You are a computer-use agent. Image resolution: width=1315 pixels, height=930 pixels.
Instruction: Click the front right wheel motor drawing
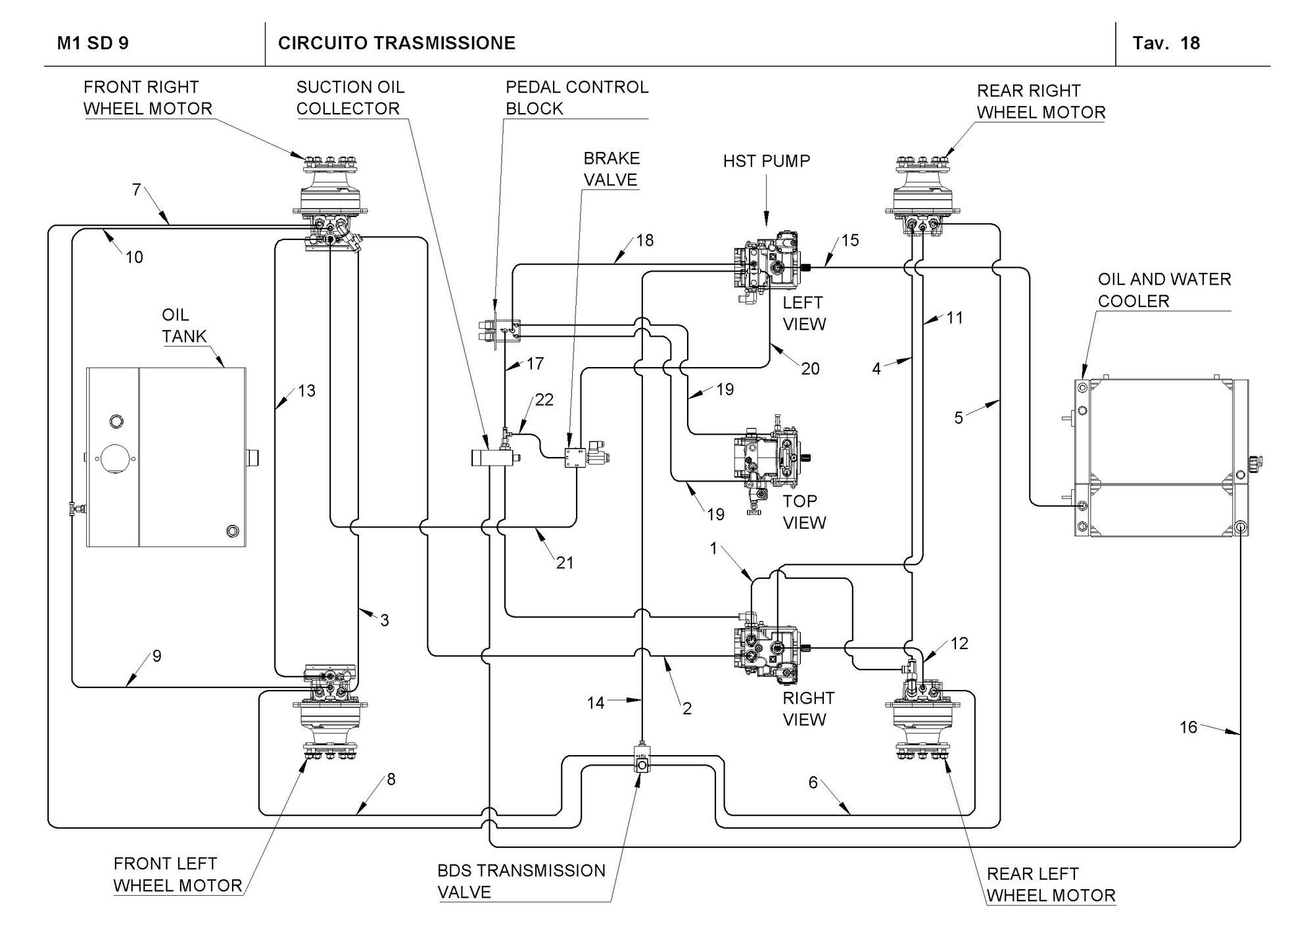(328, 204)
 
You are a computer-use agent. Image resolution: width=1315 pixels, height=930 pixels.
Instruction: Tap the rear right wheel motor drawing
(923, 197)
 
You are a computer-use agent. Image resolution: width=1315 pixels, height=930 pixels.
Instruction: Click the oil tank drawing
(167, 457)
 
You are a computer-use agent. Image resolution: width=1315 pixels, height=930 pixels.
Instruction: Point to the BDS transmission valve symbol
(642, 760)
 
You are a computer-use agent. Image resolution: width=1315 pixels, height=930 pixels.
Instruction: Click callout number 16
(1188, 727)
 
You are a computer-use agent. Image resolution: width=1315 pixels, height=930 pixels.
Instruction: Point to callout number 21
(565, 562)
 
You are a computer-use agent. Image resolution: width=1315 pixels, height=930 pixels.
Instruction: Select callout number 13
(306, 391)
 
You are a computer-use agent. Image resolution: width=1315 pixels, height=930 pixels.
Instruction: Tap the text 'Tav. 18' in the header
(1166, 43)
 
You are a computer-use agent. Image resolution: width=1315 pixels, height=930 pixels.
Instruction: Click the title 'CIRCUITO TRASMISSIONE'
(396, 43)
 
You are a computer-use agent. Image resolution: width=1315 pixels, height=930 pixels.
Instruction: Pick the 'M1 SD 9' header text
(93, 43)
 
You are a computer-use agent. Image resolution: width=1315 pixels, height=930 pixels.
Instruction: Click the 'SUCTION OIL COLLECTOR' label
(350, 98)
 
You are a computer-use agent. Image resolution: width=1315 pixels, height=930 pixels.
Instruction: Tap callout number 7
(136, 189)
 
